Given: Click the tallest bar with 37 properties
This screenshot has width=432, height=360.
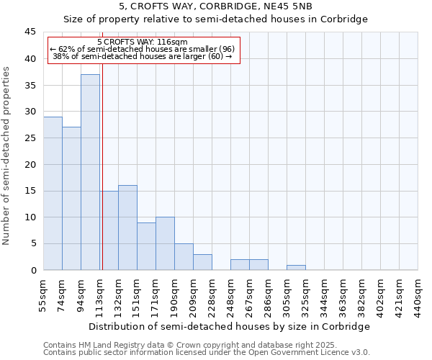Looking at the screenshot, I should pos(90,172).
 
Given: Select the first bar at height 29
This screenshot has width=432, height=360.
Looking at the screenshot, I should pos(53,193).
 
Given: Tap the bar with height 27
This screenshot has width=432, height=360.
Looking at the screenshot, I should pos(71,198).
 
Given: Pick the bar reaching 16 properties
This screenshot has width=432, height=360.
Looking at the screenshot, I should pos(127,228).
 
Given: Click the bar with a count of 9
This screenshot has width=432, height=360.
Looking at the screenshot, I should pos(146,246).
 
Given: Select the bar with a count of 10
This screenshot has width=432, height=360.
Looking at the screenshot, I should pos(165,243).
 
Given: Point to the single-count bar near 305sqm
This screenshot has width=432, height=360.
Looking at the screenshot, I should pos(296,267).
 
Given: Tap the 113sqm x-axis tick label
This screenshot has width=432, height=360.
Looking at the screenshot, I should pos(100,296).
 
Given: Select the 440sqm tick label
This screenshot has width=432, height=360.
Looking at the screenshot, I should pos(418,296).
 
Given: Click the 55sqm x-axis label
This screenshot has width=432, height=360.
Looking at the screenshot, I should pos(44,296).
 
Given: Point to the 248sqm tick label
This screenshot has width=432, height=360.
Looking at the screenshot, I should pos(231,296).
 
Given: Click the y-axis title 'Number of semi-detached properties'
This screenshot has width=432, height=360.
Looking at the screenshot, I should pos(7,155).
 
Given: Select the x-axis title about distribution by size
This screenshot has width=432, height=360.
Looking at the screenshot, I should pos(230,326).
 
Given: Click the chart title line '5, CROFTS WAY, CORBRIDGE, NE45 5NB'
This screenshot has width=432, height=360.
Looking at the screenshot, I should pos(216,6).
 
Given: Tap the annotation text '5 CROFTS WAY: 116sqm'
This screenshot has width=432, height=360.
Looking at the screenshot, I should pos(142,42).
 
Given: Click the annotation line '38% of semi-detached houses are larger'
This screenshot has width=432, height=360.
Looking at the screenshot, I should pos(142,56).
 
